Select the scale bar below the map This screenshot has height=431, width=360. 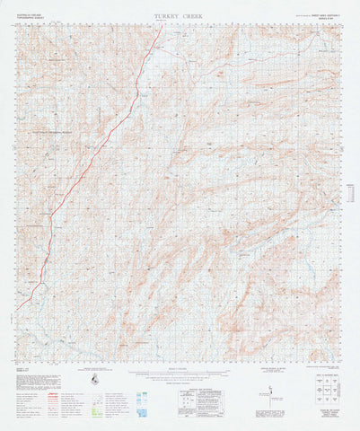[180, 374]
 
